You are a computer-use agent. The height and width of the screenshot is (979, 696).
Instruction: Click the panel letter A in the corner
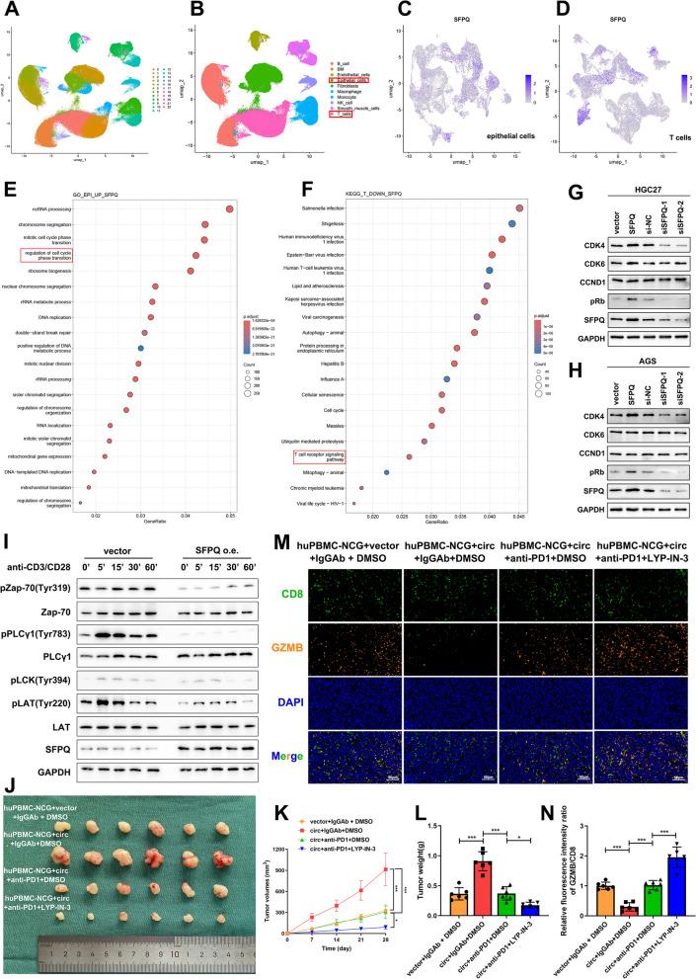(9, 9)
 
